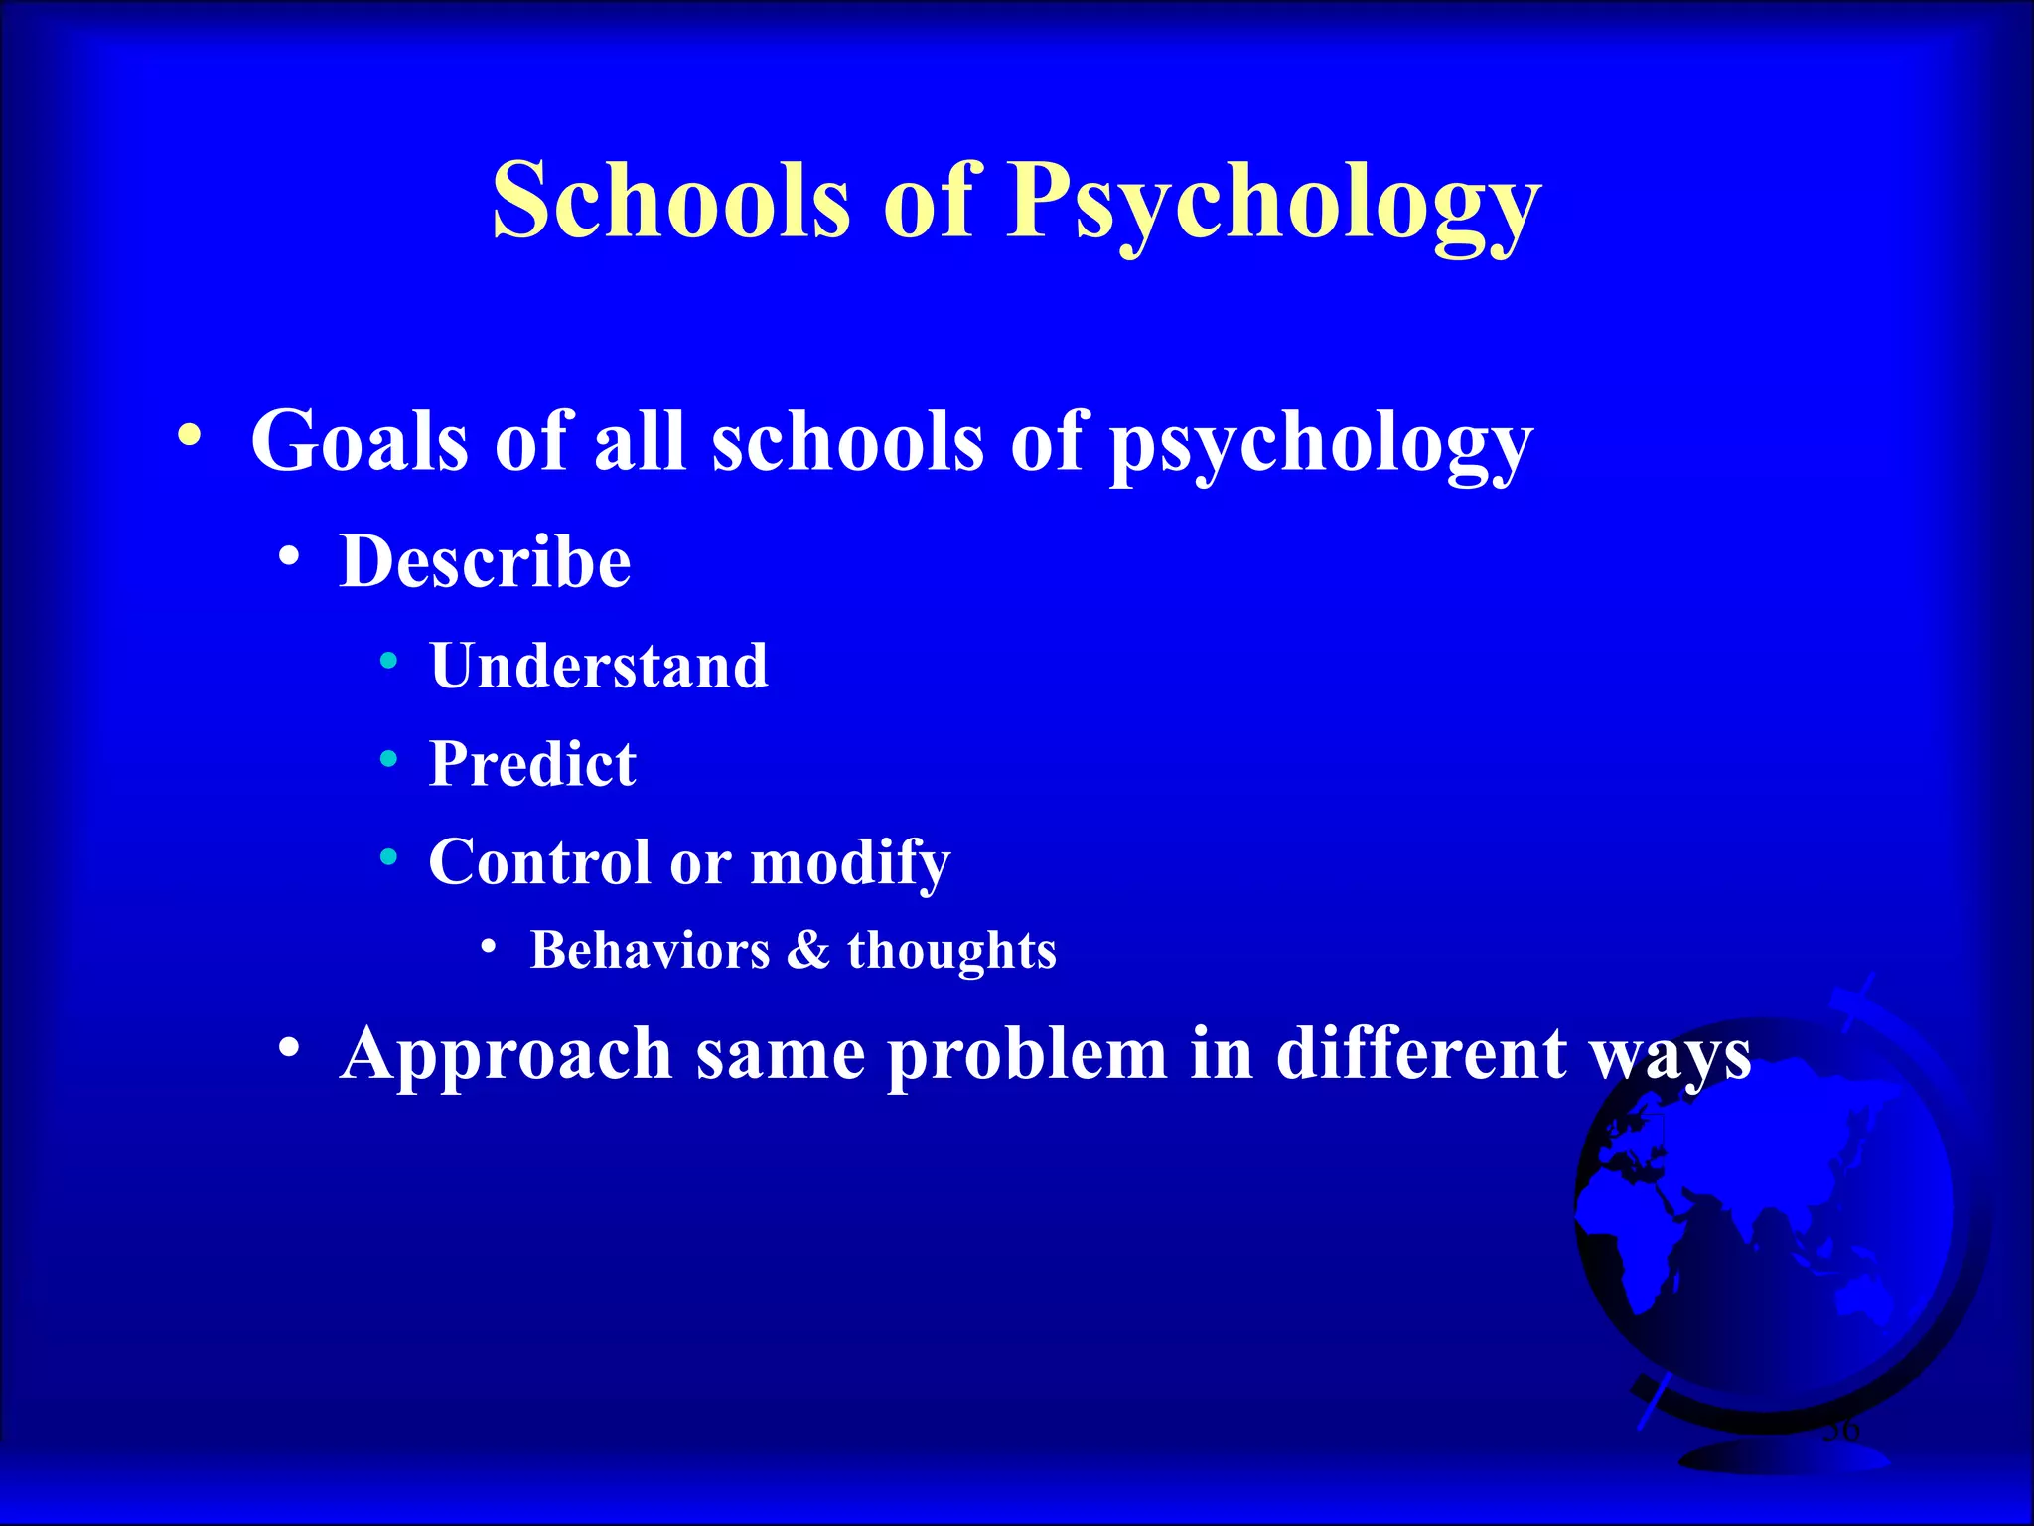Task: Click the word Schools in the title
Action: coord(671,201)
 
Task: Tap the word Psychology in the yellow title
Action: coord(1273,204)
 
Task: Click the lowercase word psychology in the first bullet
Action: coord(1321,444)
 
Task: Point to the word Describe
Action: coord(485,562)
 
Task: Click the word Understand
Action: coord(599,666)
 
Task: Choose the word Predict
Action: coord(532,764)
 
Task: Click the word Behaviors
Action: coord(650,950)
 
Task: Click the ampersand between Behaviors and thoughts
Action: coord(808,950)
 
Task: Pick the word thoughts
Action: coord(951,952)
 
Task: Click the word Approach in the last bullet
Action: coord(506,1055)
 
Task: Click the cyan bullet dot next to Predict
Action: coord(389,760)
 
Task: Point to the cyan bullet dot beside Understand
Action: coord(389,661)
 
